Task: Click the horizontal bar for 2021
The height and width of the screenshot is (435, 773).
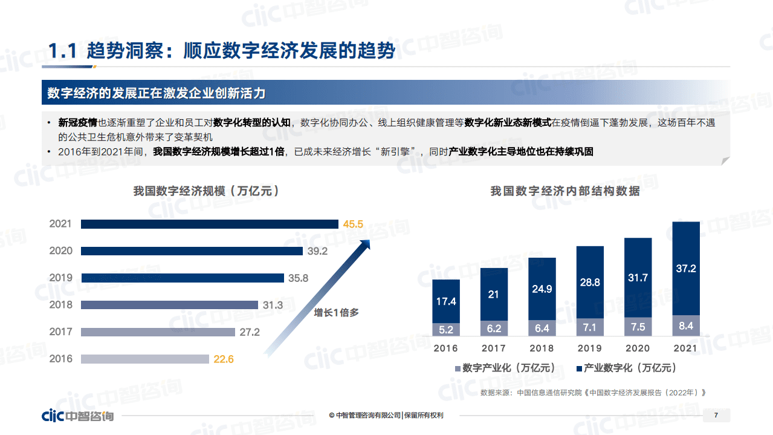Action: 209,224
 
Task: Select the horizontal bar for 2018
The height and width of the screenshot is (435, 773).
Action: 169,305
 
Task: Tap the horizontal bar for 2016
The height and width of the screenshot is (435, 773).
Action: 144,359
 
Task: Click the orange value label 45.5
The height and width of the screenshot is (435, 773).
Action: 353,224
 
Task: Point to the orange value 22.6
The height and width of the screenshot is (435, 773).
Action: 223,359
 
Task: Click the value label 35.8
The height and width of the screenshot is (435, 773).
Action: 299,278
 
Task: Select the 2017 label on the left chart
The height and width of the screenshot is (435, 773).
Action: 60,332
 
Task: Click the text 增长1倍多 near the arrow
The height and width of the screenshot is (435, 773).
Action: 336,313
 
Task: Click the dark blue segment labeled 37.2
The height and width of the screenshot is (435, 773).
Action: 686,269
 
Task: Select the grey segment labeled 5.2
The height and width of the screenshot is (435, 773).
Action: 446,330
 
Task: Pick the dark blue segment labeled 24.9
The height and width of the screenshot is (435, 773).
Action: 542,289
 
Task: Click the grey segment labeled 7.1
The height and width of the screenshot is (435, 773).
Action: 590,327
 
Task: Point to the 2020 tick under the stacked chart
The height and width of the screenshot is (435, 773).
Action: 638,348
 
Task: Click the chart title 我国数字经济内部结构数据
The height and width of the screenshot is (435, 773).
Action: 564,192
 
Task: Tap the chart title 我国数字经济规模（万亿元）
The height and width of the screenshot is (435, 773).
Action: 206,191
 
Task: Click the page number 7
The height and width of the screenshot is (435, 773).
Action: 716,415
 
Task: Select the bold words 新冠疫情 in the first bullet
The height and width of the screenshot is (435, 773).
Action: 78,122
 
